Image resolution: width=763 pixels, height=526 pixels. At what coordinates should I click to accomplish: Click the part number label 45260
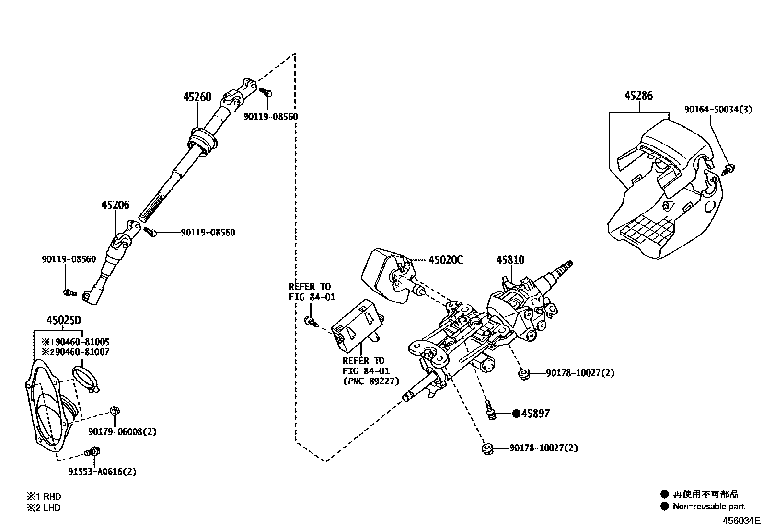(197, 97)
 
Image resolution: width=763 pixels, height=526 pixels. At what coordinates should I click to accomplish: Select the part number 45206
(115, 205)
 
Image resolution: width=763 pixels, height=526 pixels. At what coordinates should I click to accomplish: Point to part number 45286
(638, 96)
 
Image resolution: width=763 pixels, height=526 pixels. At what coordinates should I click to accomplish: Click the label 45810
(510, 260)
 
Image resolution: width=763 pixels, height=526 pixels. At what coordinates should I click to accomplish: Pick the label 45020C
(446, 260)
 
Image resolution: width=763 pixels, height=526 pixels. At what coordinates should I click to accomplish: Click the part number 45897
(535, 414)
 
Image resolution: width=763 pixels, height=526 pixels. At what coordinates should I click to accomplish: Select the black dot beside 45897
(516, 414)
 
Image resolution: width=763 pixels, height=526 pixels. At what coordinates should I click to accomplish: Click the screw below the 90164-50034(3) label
(729, 168)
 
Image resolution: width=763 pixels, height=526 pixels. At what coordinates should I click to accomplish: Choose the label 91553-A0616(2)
(102, 471)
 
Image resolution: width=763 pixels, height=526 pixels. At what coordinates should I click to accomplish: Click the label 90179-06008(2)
(122, 432)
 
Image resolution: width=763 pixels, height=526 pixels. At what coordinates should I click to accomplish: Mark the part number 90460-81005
(82, 342)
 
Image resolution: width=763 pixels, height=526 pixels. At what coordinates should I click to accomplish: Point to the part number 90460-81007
(82, 352)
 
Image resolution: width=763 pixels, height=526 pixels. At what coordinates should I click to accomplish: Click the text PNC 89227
(369, 381)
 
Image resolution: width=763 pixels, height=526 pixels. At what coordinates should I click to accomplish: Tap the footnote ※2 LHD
(44, 508)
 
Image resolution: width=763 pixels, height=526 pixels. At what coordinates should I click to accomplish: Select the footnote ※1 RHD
(44, 496)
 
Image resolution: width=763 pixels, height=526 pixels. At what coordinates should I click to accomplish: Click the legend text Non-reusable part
(708, 506)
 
